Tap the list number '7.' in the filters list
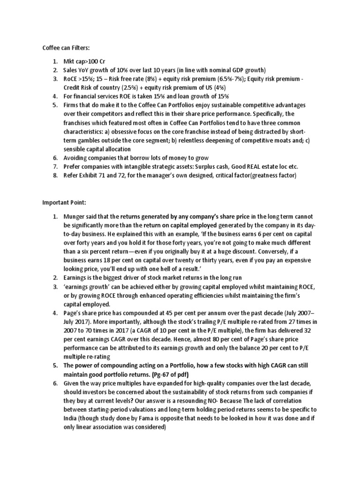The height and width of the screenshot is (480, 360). (x=55, y=166)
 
